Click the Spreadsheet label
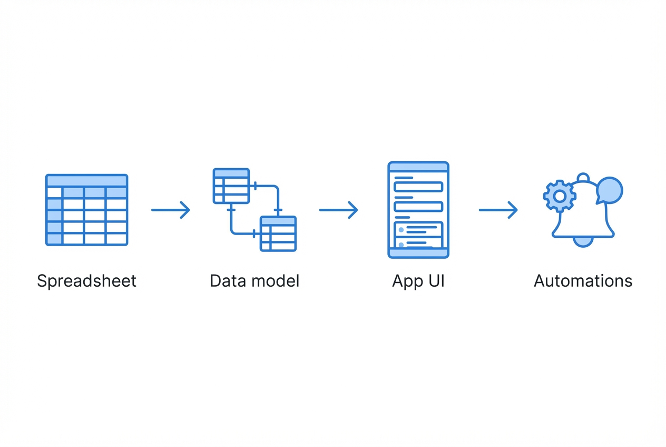tap(86, 281)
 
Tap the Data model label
tap(254, 281)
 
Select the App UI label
tap(418, 281)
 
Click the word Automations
tap(583, 281)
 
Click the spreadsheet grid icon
tap(87, 210)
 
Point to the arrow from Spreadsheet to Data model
tap(170, 210)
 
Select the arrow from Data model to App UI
tap(338, 210)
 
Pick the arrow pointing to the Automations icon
tap(498, 210)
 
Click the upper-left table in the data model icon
tap(231, 186)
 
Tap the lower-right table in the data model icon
tap(278, 234)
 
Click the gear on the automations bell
tap(560, 196)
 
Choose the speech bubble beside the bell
tap(610, 190)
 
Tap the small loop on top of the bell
tap(583, 178)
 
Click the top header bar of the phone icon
tap(418, 167)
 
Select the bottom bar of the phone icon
tap(418, 253)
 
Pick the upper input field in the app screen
tap(418, 187)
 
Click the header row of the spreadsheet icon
tap(87, 180)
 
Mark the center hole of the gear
tap(560, 196)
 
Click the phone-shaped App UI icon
tap(418, 210)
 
